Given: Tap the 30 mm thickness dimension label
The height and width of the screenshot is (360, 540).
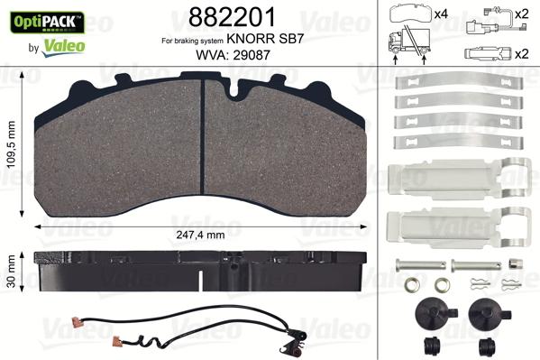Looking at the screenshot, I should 12,268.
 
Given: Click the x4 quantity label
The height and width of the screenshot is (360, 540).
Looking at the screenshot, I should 441,14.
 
